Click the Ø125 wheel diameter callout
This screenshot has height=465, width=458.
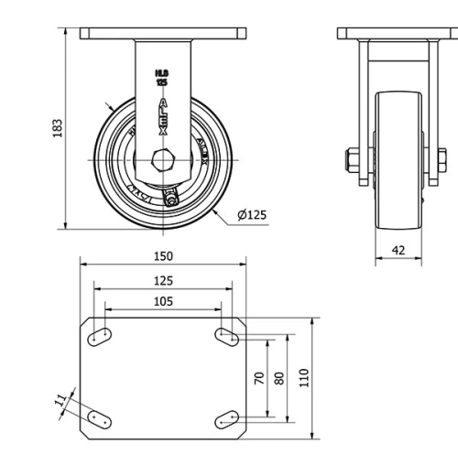pyautogui.click(x=251, y=215)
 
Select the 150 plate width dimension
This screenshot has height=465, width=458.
pyautogui.click(x=163, y=257)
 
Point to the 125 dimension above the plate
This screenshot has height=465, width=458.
pyautogui.click(x=163, y=281)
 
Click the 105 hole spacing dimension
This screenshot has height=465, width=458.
pyautogui.click(x=163, y=301)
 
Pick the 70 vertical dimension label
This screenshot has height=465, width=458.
pyautogui.click(x=259, y=376)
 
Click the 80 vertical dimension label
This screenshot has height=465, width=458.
pyautogui.click(x=280, y=376)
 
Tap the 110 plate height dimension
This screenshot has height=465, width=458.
pyautogui.click(x=305, y=376)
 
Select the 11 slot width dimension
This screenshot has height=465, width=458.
pyautogui.click(x=61, y=400)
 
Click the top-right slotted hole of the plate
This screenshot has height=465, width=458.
pyautogui.click(x=226, y=336)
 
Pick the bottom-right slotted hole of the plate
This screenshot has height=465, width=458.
pyautogui.click(x=226, y=419)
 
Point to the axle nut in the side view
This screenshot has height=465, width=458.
pyautogui.click(x=353, y=159)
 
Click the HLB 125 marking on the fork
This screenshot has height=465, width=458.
pyautogui.click(x=162, y=76)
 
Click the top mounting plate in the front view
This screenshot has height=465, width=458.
pyautogui.click(x=163, y=34)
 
